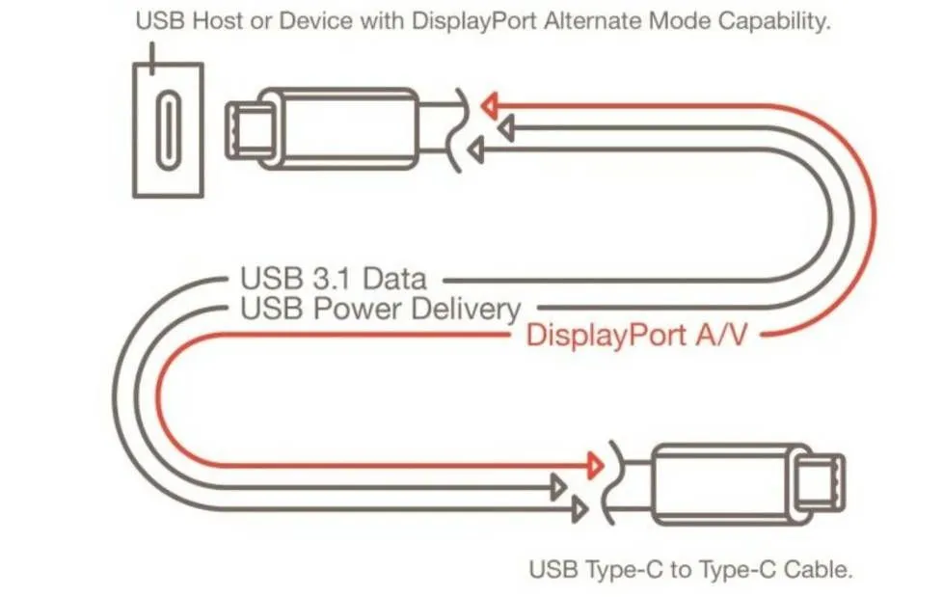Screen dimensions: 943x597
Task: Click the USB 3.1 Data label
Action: [x=334, y=279]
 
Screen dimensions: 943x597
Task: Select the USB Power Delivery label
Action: [x=380, y=309]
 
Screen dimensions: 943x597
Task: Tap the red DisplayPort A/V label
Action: [x=636, y=335]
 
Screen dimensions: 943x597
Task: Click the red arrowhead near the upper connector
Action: [x=490, y=106]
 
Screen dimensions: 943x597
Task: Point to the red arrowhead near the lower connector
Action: [x=595, y=465]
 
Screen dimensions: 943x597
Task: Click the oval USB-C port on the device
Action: [x=169, y=129]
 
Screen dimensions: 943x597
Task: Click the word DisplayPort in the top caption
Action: [x=474, y=21]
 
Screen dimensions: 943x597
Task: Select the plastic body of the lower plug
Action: [x=733, y=484]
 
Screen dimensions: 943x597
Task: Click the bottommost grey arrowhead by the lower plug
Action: [x=579, y=510]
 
